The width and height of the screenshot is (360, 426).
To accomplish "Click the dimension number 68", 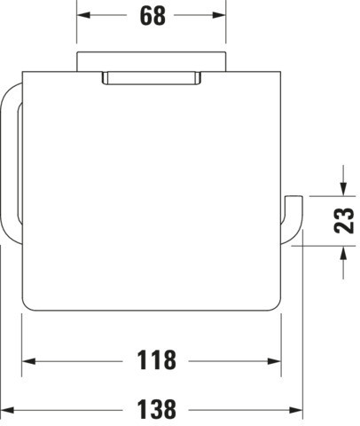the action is click(x=153, y=16).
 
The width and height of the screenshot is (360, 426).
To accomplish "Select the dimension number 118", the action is click(x=156, y=360).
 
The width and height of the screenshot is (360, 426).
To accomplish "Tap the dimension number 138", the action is click(x=156, y=409).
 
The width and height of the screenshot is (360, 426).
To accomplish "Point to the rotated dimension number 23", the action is click(x=344, y=220).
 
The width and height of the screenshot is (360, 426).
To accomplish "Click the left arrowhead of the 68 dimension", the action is click(x=83, y=15).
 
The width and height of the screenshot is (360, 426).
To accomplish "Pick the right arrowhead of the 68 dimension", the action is click(x=219, y=15).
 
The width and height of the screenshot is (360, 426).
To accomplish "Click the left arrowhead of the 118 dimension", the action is click(x=28, y=361).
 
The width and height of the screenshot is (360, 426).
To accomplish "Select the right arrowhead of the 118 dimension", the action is click(x=274, y=361).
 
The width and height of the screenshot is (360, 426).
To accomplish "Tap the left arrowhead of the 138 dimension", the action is click(x=7, y=410).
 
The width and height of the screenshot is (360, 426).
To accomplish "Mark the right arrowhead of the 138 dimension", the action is click(x=296, y=410).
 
